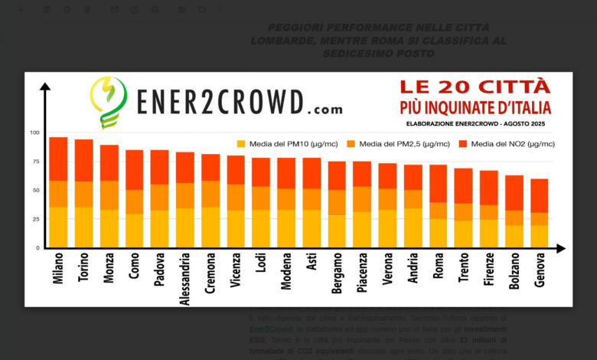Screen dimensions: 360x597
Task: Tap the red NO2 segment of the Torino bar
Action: click(x=83, y=160)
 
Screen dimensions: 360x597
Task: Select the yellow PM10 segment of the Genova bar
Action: click(x=540, y=236)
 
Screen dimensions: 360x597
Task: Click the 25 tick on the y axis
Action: click(x=34, y=219)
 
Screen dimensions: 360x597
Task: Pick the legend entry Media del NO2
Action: click(x=506, y=143)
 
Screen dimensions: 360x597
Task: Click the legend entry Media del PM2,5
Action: click(x=398, y=143)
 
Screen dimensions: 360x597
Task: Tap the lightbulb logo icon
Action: click(x=108, y=102)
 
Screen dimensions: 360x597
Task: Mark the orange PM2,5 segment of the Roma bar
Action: click(x=439, y=211)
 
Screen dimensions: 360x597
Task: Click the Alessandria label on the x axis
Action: click(x=184, y=279)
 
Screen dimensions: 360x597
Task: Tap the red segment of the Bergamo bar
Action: click(x=337, y=175)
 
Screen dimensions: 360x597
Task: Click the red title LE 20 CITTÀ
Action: click(x=475, y=87)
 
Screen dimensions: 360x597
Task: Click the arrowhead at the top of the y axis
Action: click(x=44, y=87)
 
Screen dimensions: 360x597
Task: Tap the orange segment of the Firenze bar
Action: click(x=489, y=212)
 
